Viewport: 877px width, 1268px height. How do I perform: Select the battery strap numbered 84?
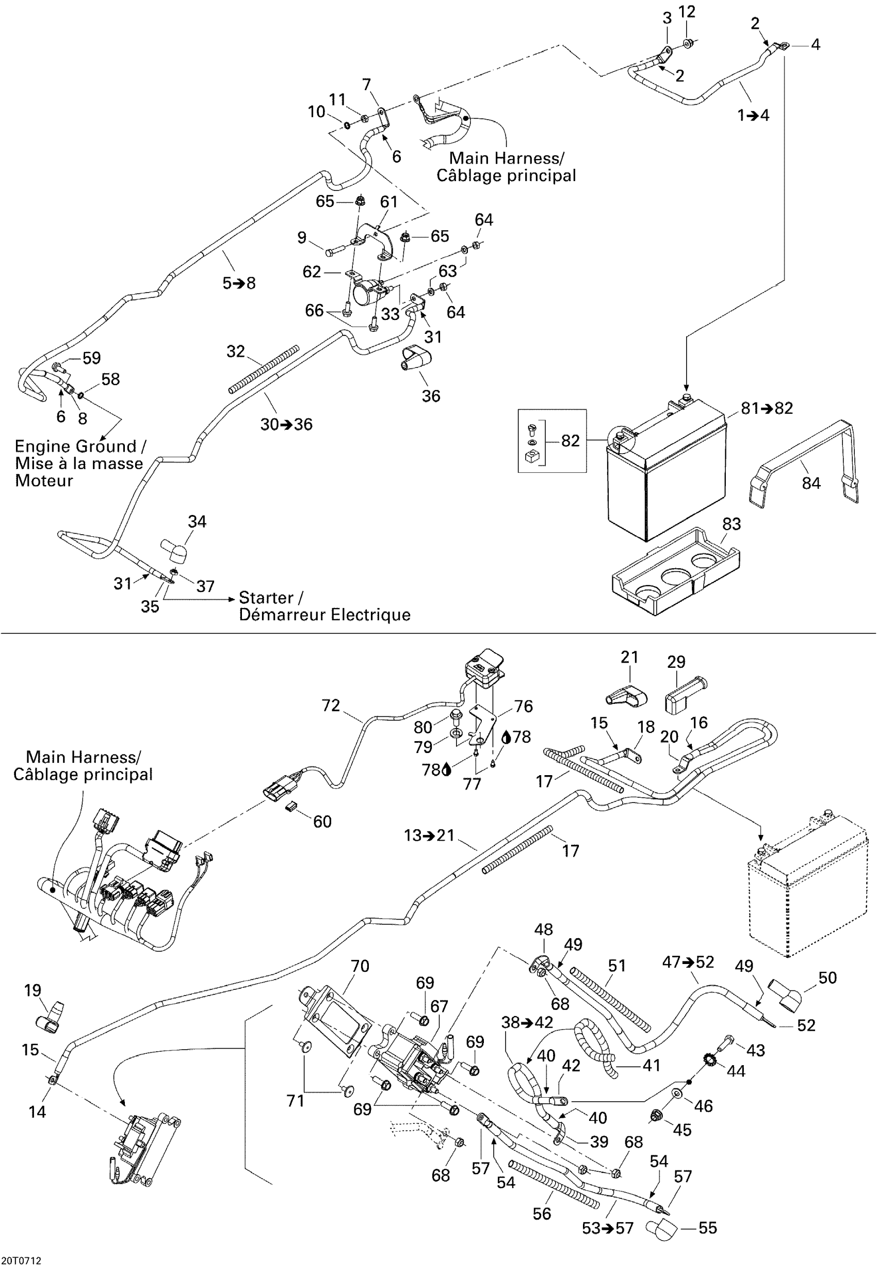tap(803, 462)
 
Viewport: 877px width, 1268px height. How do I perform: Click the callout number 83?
tap(732, 524)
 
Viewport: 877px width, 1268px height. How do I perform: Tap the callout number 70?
tap(360, 966)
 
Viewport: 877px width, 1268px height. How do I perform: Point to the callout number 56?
tap(542, 1214)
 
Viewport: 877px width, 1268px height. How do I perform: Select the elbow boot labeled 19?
tap(50, 1017)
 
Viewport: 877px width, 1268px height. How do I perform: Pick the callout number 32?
tap(236, 351)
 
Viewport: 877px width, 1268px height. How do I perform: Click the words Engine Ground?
tap(75, 446)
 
